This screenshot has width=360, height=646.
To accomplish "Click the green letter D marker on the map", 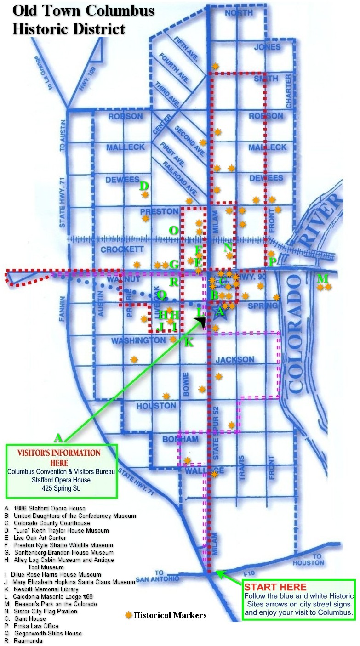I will (144, 186).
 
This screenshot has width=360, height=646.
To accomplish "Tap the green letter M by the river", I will (323, 278).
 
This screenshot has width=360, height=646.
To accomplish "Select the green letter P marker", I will (272, 262).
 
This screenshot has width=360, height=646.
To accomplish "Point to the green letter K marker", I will (189, 342).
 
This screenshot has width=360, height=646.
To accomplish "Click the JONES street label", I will (267, 47).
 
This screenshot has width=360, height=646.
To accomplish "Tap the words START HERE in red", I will (275, 587).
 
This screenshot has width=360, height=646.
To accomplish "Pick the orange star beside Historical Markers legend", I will (128, 615).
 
